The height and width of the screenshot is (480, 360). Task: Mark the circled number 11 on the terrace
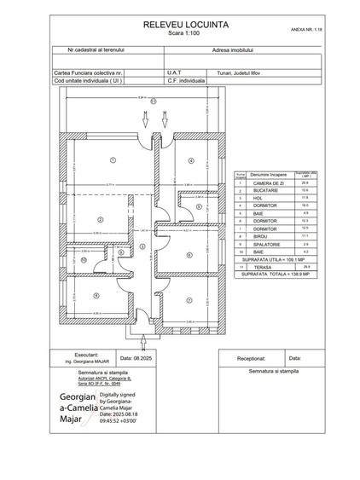[x=154, y=101]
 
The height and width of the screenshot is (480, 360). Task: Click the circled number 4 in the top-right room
[x=191, y=160]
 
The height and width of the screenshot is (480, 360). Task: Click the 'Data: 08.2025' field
[x=133, y=358]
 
